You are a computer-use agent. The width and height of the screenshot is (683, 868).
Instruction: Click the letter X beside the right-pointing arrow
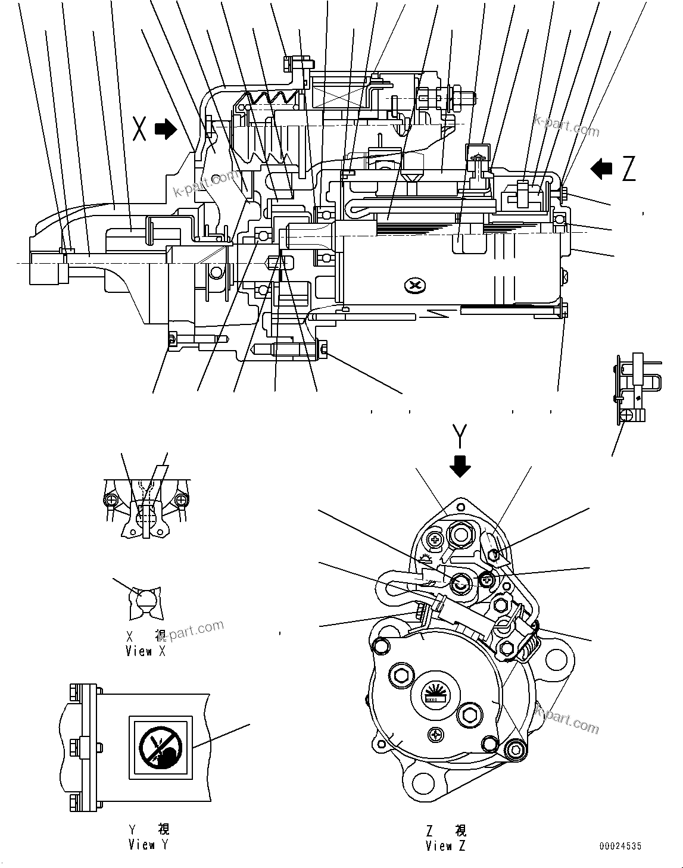click(139, 129)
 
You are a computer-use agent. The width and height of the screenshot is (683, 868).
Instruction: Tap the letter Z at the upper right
click(628, 169)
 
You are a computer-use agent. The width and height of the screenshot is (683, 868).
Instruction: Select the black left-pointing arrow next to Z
click(601, 168)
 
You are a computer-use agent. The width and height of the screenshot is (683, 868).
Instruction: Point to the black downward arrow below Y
click(460, 466)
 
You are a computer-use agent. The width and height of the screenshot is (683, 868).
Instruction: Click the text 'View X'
click(146, 651)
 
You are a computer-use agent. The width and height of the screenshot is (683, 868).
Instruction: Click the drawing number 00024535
click(621, 846)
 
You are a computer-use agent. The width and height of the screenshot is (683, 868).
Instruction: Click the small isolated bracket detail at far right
click(634, 387)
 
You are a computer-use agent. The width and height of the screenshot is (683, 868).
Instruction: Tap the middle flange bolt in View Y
click(74, 745)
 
